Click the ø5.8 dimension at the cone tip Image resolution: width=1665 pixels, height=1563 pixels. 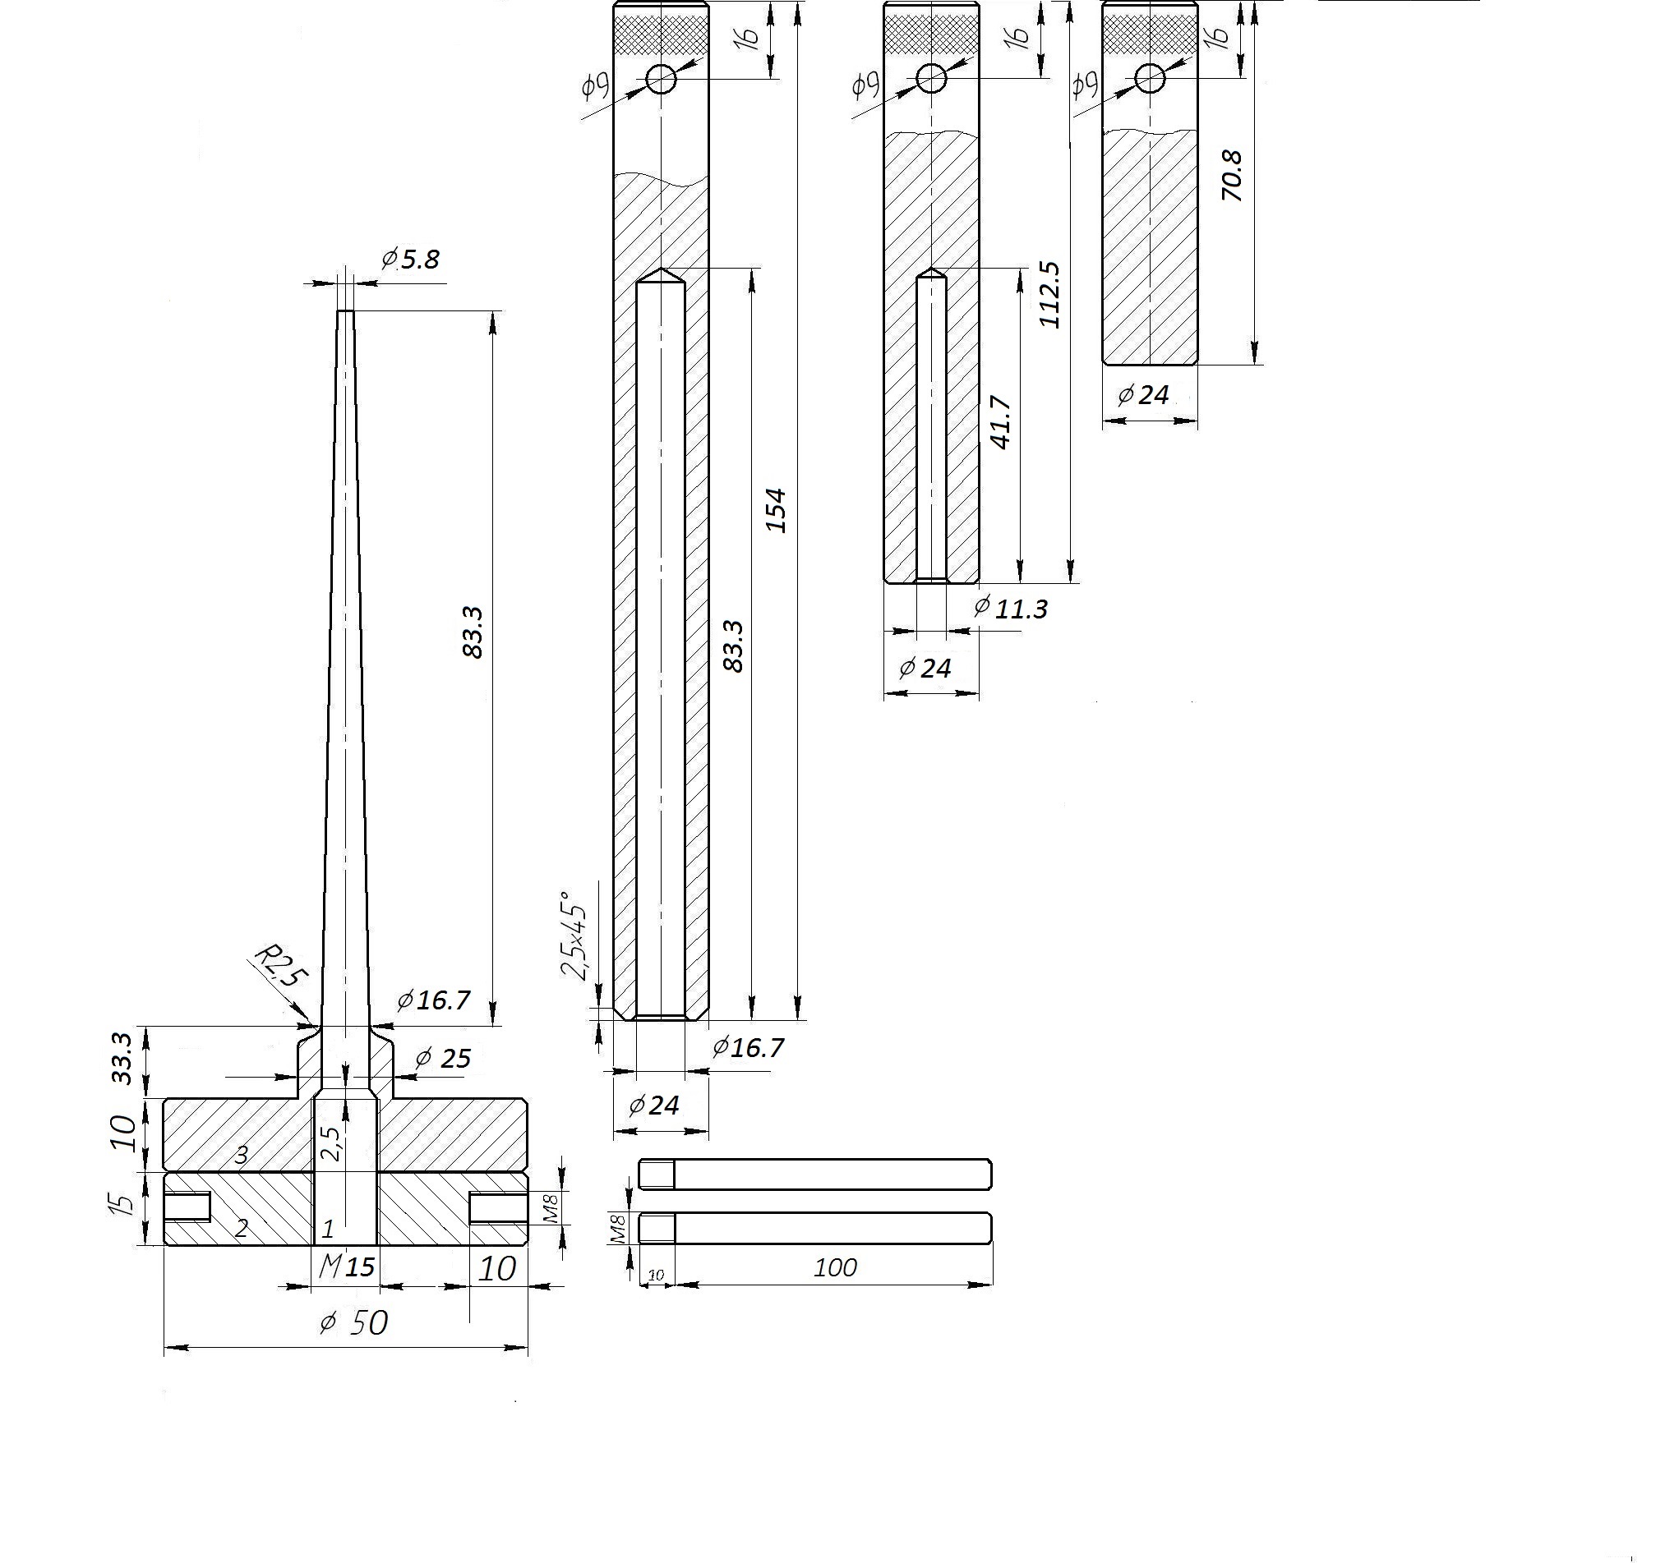410,260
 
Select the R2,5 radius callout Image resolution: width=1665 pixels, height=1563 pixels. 279,966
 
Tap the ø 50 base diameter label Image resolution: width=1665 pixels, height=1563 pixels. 354,1322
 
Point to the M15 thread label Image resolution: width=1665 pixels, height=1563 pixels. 347,1266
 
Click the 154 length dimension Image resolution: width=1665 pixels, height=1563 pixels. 777,510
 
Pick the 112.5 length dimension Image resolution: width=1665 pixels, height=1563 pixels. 1049,295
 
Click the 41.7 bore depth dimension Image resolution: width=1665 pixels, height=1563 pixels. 1002,423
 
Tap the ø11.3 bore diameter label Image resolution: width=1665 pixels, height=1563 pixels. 1011,609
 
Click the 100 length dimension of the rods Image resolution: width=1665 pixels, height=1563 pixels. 835,1267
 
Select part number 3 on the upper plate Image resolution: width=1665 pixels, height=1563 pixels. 242,1156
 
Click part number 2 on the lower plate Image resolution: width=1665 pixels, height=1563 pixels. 242,1229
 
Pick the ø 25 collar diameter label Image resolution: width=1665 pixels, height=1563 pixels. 443,1058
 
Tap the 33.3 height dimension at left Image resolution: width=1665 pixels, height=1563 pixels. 122,1058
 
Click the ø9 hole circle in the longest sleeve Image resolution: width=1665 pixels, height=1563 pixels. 661,80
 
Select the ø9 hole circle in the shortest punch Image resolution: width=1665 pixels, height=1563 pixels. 1150,80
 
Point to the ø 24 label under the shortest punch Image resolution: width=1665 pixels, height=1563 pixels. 1143,394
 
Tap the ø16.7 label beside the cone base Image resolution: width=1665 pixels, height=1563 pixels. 434,1000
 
